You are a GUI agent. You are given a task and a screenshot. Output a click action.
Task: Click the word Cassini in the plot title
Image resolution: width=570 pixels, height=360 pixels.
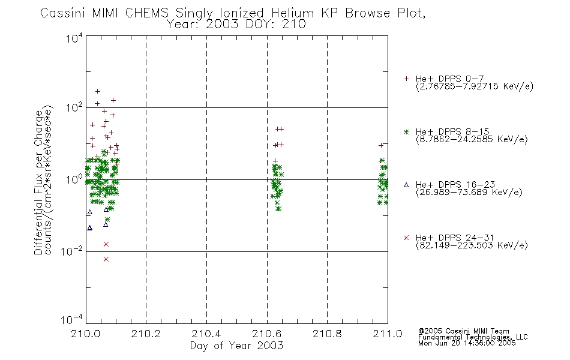click(62, 13)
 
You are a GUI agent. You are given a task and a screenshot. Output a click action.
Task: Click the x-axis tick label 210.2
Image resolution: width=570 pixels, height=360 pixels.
click(146, 334)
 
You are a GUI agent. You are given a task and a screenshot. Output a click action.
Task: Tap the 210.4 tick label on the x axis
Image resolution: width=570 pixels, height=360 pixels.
click(206, 334)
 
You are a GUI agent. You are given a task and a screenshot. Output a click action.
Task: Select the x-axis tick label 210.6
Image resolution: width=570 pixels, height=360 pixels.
click(266, 334)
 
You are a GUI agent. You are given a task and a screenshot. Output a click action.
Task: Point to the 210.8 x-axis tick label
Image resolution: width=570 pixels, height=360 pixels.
click(327, 334)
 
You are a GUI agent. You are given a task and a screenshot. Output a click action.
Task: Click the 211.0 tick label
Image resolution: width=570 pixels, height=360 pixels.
click(388, 334)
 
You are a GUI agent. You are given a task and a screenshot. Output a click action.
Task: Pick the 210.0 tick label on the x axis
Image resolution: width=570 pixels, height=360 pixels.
click(85, 334)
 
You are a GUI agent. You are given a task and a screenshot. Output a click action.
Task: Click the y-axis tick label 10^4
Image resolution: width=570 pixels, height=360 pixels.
click(74, 38)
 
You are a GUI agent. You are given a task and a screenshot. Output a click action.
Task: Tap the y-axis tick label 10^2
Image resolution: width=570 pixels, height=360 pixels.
click(74, 107)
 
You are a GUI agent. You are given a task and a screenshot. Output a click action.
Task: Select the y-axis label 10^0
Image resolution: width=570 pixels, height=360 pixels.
click(74, 179)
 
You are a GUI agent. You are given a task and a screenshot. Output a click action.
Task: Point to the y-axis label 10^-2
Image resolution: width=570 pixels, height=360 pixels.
click(71, 251)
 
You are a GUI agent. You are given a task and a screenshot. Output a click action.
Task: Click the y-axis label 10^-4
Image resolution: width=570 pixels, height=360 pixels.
click(71, 320)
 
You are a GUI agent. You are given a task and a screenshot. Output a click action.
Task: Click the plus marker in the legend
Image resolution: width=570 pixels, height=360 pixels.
click(406, 79)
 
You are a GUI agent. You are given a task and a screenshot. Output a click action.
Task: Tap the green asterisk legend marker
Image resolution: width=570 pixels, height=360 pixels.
click(406, 132)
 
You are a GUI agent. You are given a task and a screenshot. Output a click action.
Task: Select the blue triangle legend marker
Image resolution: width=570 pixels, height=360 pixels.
click(406, 185)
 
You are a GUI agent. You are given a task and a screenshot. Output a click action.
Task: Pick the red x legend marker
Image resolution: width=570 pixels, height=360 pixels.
click(406, 238)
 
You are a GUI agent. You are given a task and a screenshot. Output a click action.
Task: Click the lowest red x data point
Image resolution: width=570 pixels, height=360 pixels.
click(106, 259)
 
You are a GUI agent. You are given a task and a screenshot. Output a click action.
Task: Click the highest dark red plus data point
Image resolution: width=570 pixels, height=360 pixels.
click(97, 91)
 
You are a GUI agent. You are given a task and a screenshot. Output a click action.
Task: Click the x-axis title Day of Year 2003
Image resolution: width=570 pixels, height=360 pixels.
click(236, 346)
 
